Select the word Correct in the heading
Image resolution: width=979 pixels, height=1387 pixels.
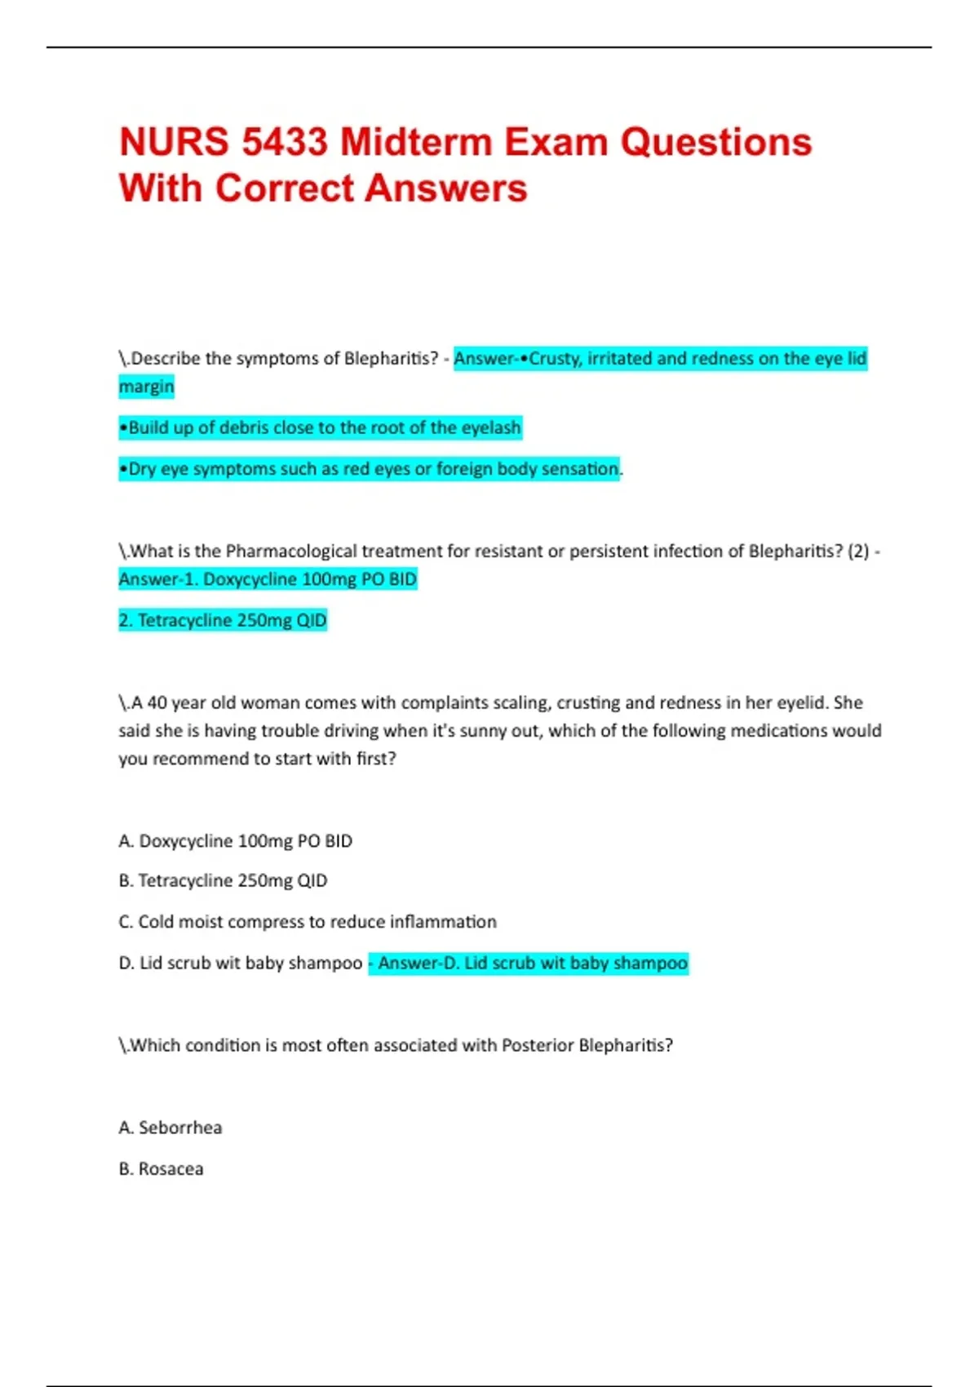tap(285, 188)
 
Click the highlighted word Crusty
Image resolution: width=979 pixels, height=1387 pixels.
tap(555, 358)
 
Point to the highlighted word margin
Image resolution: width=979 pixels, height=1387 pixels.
tap(146, 386)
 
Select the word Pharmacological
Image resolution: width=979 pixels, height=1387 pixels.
tap(290, 552)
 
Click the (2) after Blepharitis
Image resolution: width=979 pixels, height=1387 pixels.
tap(857, 552)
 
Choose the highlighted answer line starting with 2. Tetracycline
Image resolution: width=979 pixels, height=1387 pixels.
tap(223, 621)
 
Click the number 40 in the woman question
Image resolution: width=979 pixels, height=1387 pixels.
tap(157, 702)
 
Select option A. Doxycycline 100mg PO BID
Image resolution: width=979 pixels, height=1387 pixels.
tap(236, 841)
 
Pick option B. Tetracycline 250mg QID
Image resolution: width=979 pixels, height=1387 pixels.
tap(223, 881)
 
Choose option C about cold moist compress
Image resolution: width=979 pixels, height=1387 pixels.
tap(308, 922)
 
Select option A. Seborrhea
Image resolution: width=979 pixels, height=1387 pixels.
tap(171, 1128)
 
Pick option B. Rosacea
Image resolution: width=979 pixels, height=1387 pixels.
tap(162, 1169)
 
